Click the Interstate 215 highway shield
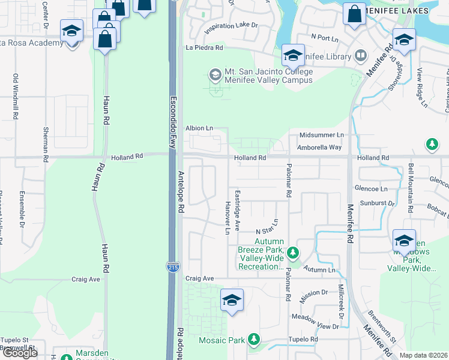(x=172, y=268)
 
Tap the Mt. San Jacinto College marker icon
(x=214, y=75)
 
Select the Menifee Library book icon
(x=360, y=56)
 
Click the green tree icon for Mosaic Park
(x=254, y=340)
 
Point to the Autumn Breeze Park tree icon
(x=292, y=253)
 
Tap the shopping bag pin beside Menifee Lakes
(x=354, y=13)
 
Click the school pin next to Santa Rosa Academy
(x=71, y=31)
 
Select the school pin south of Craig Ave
(x=231, y=300)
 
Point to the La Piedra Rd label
(x=204, y=47)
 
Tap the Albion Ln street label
(x=199, y=128)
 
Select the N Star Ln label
(x=268, y=228)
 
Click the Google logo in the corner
(x=20, y=353)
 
